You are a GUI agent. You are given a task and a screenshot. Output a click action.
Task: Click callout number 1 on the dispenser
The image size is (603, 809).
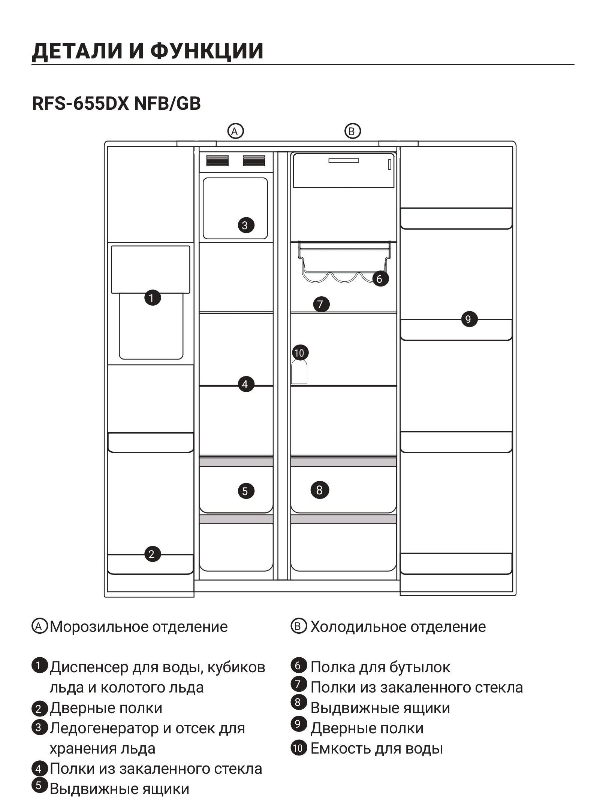(x=153, y=298)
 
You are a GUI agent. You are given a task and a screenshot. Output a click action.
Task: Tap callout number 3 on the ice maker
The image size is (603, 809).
(x=246, y=225)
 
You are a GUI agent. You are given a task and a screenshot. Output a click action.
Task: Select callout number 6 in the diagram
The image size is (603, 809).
(x=380, y=279)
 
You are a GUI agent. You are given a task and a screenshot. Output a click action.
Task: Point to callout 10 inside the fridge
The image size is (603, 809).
(x=299, y=353)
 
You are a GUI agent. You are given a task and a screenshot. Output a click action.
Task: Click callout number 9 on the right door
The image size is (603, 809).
(x=468, y=319)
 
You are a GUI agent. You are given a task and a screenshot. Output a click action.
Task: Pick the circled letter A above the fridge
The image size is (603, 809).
(x=235, y=131)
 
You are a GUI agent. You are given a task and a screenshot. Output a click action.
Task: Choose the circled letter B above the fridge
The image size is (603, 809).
(x=352, y=131)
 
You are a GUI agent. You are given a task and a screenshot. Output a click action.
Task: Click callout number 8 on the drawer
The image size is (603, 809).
(x=320, y=490)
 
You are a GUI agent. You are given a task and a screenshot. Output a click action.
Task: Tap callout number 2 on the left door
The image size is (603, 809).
(x=153, y=554)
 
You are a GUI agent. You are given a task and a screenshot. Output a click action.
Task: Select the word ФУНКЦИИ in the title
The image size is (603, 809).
(x=207, y=51)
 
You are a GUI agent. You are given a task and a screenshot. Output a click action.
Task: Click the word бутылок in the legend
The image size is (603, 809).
(x=420, y=667)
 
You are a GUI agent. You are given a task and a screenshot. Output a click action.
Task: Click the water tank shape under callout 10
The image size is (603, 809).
(x=299, y=372)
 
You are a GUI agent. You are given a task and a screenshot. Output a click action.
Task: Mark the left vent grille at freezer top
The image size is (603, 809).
(x=217, y=161)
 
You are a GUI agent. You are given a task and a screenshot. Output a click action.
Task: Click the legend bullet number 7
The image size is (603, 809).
(x=298, y=684)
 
